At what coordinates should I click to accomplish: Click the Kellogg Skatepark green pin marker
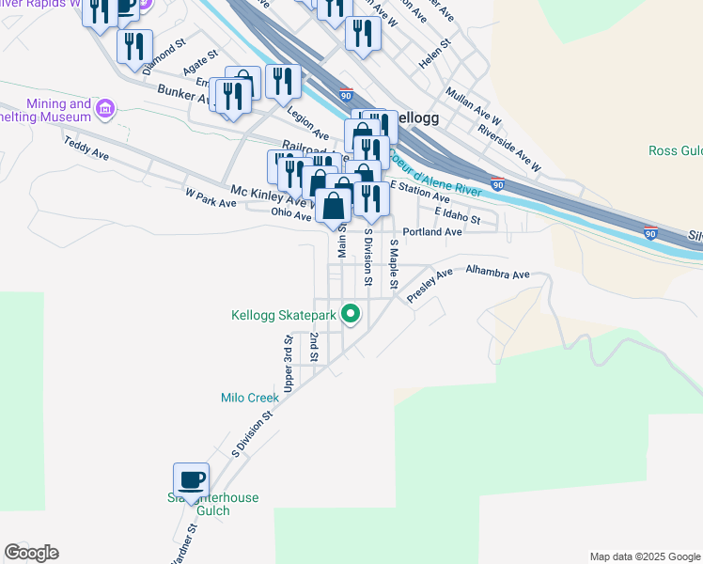pyautogui.click(x=351, y=314)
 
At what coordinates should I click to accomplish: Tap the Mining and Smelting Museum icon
pyautogui.click(x=105, y=110)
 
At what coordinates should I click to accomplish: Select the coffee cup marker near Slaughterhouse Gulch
pyautogui.click(x=193, y=479)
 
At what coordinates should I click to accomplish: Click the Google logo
pyautogui.click(x=31, y=553)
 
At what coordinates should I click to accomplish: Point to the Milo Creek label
pyautogui.click(x=250, y=398)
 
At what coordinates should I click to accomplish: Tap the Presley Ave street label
pyautogui.click(x=430, y=286)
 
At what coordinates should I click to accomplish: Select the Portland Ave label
pyautogui.click(x=432, y=231)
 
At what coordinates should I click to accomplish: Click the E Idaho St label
pyautogui.click(x=458, y=217)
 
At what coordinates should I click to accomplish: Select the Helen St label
pyautogui.click(x=435, y=55)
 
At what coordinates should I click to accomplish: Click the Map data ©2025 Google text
pyautogui.click(x=644, y=556)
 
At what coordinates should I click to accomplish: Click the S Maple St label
pyautogui.click(x=395, y=264)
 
